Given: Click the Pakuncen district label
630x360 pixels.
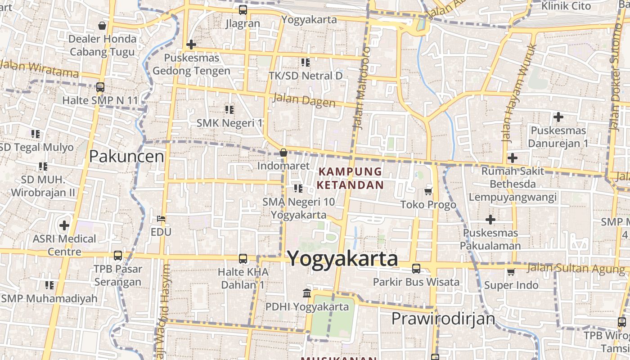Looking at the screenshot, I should tap(126, 157).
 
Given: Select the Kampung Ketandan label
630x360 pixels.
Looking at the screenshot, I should tap(350, 178).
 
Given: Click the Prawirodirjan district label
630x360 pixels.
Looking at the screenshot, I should tap(443, 319).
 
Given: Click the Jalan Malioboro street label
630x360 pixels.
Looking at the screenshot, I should tap(362, 88).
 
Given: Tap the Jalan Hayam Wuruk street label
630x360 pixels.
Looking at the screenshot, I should tap(519, 93).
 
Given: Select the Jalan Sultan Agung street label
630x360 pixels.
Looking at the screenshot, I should tap(576, 269).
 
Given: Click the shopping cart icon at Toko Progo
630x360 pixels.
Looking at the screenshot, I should tap(428, 192).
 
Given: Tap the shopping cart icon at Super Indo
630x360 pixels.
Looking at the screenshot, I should tap(511, 272).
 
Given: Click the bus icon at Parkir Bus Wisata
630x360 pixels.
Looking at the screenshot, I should tap(416, 269).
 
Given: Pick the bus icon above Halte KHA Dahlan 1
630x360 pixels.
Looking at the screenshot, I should tap(243, 259).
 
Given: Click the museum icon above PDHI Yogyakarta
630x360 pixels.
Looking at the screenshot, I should tap(307, 293).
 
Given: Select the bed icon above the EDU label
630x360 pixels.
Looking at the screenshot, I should tap(161, 219).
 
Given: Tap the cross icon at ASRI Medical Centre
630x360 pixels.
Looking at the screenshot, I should tap(64, 225).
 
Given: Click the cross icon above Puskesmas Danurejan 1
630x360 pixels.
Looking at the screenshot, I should tap(558, 117).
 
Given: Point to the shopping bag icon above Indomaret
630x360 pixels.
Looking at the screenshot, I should tap(283, 153).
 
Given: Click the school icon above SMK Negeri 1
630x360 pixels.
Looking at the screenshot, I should tap(229, 109).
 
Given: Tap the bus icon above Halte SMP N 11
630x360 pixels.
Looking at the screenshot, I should tap(100, 87).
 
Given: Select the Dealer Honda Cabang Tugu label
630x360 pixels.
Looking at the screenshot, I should tap(102, 45).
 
